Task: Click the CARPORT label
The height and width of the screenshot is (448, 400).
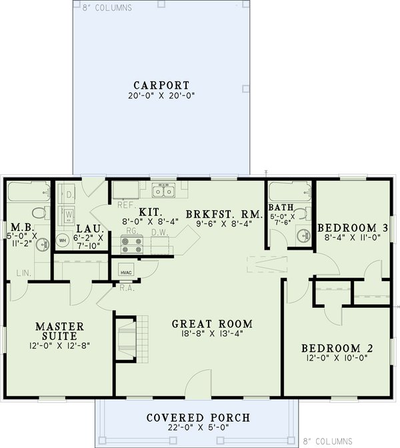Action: (161, 85)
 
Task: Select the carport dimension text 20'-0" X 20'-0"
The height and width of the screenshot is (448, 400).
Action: (161, 95)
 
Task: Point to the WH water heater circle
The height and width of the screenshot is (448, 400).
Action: (63, 239)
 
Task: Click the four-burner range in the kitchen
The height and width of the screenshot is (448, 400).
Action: (131, 243)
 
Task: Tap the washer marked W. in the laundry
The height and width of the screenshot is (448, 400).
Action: (69, 215)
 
